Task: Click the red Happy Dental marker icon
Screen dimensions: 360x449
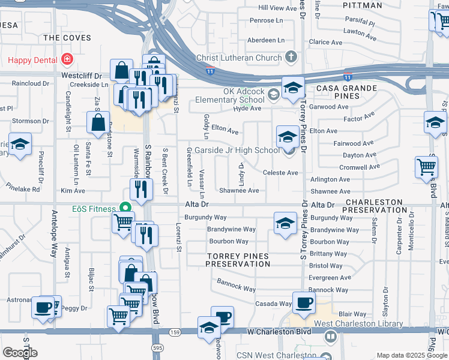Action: [66, 59]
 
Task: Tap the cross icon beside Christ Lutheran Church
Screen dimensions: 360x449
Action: [292, 58]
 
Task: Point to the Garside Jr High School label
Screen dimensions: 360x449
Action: [236, 150]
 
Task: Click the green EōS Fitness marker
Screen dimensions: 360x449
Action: [125, 208]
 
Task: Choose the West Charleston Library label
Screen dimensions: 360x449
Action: [358, 324]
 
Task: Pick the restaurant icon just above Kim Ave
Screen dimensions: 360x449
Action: [141, 190]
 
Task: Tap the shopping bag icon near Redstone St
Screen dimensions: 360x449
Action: [98, 123]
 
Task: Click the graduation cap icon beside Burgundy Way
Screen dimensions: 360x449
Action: [285, 223]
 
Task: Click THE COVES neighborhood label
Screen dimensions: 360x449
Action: [68, 38]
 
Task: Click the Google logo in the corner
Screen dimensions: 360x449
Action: [20, 353]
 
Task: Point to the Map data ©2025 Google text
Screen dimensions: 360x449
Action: [411, 355]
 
